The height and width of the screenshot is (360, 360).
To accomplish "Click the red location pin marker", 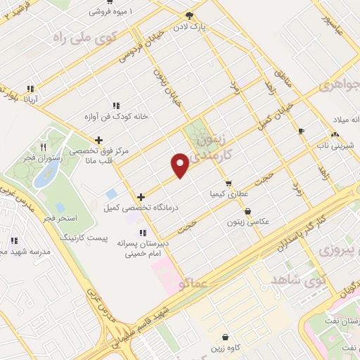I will (180, 165).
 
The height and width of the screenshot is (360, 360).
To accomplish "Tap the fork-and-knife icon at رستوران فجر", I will (44, 147).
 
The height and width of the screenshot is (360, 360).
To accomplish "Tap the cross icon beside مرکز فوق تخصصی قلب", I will (98, 140).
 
